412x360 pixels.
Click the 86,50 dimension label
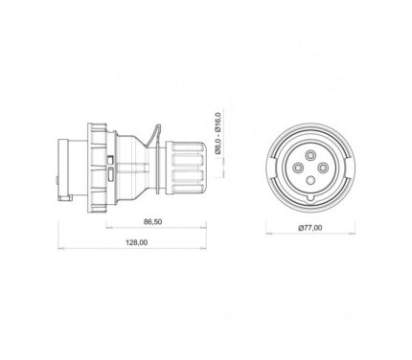point(152,222)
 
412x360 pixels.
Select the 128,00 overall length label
point(137,242)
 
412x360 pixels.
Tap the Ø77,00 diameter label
point(310,228)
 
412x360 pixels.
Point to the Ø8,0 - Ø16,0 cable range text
point(218,133)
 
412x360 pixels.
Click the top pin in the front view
point(310,156)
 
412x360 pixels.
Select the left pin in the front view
point(298,168)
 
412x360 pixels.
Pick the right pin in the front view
point(323,168)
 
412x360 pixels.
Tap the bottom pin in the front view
point(310,180)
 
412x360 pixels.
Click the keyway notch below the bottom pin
point(310,198)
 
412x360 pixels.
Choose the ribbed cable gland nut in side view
point(184,168)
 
